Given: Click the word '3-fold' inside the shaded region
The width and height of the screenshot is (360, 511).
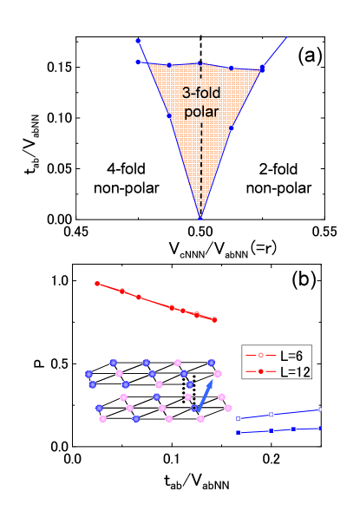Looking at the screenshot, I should point(200,94).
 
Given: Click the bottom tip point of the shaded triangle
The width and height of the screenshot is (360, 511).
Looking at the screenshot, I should point(200,217).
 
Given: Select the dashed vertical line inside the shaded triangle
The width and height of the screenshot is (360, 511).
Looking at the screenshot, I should point(200,156).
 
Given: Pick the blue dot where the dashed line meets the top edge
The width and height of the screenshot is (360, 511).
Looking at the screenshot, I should point(200,62).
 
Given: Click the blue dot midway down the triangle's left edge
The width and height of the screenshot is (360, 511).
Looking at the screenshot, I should point(169,115).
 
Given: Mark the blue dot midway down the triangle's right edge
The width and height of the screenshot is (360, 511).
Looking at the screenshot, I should point(231,128).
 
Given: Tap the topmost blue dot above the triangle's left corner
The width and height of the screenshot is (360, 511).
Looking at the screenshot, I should point(138,40).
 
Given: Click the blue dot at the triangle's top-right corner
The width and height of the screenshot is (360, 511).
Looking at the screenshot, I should point(262,68).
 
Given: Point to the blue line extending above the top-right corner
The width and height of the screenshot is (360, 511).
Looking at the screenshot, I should point(275,50).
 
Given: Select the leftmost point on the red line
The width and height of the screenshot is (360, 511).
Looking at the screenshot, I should point(97,283).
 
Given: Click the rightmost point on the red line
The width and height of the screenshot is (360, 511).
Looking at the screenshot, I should point(214,319).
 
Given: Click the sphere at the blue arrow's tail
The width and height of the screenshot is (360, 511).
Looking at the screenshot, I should point(194,407).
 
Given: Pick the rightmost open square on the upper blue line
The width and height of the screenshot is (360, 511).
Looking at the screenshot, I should point(321,409).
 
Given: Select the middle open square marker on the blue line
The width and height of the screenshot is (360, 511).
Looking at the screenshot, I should point(272,415).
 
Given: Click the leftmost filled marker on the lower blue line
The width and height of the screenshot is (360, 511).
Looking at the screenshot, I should point(239,432).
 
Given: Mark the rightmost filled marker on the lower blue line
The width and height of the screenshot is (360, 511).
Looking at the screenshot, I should point(321,428).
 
